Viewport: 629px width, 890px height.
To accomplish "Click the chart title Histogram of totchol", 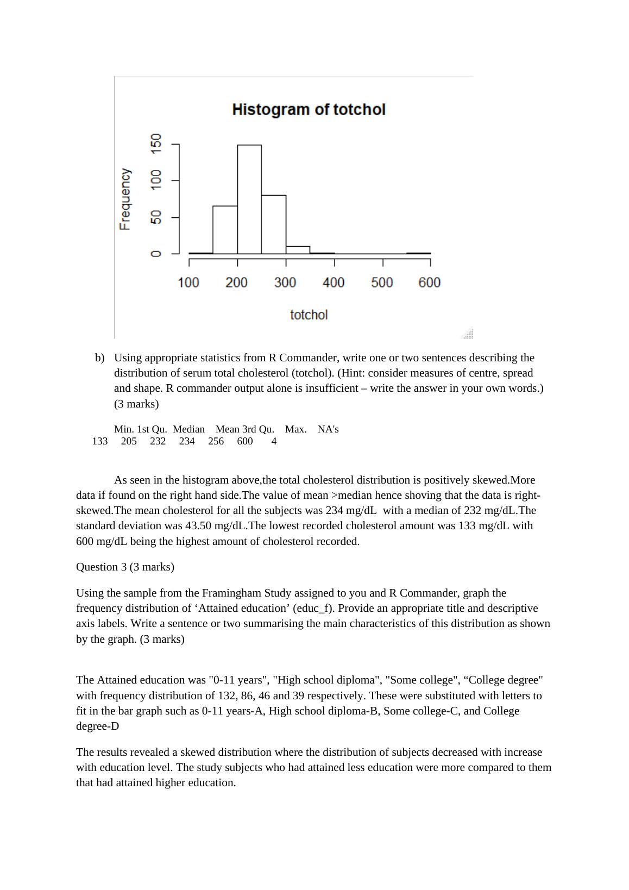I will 309,109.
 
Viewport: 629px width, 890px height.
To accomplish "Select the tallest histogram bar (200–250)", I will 249,199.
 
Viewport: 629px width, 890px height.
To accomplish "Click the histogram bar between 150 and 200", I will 225,230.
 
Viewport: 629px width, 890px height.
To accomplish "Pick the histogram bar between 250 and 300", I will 273,224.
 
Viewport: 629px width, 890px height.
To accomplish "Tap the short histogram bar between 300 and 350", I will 298,250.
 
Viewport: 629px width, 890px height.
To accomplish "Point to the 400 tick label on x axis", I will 334,283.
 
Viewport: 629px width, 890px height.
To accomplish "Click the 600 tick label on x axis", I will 430,283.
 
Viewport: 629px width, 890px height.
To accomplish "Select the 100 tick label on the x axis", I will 188,283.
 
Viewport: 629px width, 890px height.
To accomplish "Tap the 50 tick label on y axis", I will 156,217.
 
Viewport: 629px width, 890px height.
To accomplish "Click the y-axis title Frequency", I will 125,199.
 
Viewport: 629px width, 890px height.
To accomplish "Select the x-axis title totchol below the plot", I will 309,315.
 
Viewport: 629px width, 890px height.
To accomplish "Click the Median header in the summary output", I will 188,429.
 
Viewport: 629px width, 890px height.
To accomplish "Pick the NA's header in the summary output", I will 328,429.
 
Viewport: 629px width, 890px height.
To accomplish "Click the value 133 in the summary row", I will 100,441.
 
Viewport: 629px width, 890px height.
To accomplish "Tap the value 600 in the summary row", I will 245,441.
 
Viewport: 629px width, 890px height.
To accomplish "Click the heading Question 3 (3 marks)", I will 125,567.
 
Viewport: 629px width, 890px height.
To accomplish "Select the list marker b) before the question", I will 99,358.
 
